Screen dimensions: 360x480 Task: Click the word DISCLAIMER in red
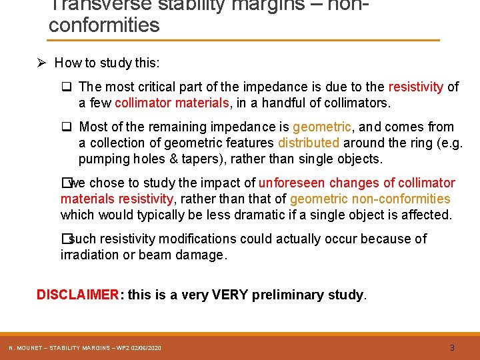77,295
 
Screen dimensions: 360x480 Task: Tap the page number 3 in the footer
452,347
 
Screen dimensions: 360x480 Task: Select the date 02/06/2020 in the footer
146,348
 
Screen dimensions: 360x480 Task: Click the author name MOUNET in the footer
29,348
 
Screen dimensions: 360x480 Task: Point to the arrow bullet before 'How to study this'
41,63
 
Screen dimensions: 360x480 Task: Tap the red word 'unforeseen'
289,183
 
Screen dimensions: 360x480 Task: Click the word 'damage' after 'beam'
201,255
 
